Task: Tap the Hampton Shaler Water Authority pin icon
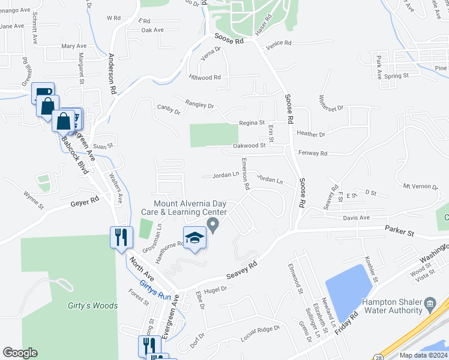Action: pos(430,303)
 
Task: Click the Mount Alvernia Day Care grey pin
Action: pos(212,225)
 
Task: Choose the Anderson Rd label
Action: pos(112,73)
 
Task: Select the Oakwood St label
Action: pos(249,145)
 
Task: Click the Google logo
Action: pos(20,353)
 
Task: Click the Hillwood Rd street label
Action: pos(205,77)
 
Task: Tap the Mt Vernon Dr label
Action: pos(421,187)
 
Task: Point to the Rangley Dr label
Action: pos(200,106)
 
